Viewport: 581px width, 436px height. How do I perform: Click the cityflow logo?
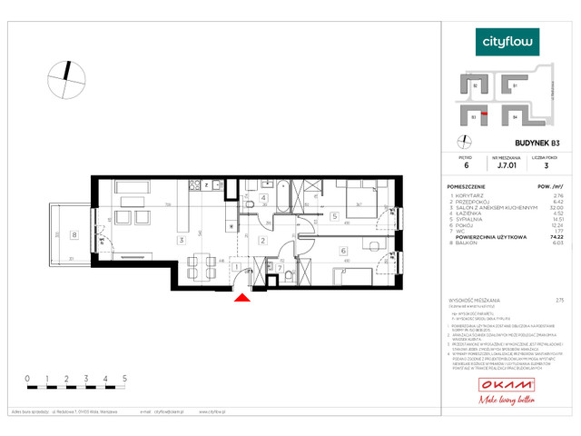508,41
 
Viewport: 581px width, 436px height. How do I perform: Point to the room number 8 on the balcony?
74,234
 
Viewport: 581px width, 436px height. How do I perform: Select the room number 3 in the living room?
182,240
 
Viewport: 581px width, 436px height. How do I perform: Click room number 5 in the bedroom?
334,216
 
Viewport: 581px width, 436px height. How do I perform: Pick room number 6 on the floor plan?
343,251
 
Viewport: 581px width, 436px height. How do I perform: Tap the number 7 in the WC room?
281,268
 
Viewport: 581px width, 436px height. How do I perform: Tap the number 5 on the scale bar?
124,376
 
